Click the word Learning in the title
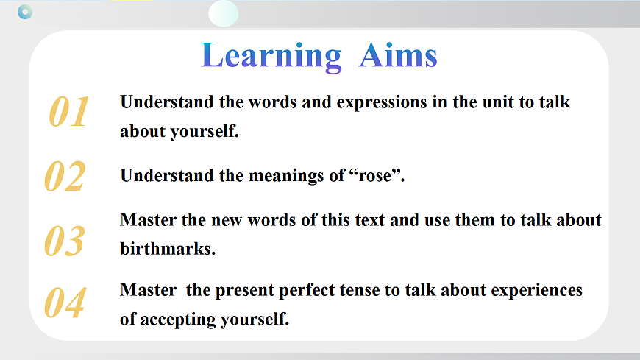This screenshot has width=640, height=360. [x=271, y=57]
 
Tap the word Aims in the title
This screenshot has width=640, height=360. [x=398, y=54]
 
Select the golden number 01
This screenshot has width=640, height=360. [x=68, y=111]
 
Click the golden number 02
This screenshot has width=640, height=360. [x=65, y=176]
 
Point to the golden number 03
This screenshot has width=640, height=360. [x=65, y=241]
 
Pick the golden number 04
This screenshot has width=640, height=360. [x=65, y=303]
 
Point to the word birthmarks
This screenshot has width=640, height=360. [x=168, y=248]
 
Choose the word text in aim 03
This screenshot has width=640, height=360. [x=370, y=220]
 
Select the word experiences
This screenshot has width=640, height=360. [x=536, y=291]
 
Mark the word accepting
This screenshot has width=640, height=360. [x=178, y=320]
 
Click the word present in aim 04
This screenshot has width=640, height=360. [x=245, y=291]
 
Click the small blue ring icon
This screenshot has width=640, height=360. [x=25, y=12]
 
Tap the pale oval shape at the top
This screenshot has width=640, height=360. [x=224, y=13]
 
